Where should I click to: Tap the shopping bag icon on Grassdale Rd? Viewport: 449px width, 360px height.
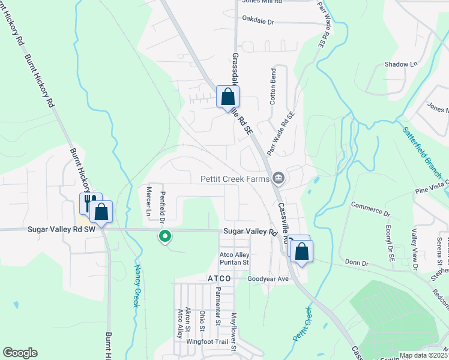coord(228,97)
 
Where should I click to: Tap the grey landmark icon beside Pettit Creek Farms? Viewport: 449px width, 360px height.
coord(279,178)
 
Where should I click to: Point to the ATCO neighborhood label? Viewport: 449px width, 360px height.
coord(219,279)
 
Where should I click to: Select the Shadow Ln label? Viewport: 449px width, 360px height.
coord(400,64)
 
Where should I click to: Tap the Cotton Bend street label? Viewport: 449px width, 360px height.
coord(273,87)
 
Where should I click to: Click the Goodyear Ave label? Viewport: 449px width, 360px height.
coord(268,279)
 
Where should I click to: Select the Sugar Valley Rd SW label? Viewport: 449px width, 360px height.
coord(61,229)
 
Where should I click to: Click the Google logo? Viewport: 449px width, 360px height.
coord(20,353)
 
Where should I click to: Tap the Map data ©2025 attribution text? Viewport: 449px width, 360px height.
coord(423,355)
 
